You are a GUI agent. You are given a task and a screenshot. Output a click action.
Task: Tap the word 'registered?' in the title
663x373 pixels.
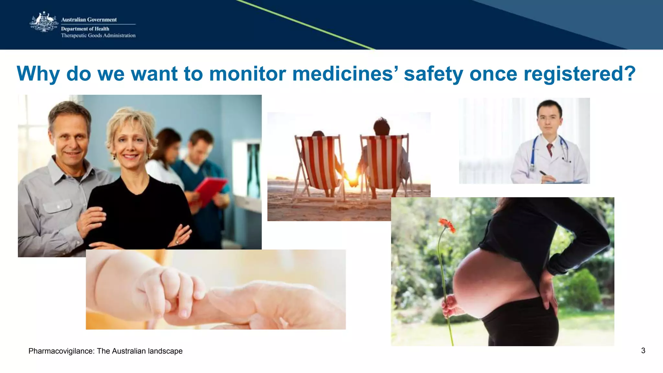579,74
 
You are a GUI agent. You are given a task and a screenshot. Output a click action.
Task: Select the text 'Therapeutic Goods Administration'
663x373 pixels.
98,36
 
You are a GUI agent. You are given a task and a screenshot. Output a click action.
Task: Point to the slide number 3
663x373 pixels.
643,351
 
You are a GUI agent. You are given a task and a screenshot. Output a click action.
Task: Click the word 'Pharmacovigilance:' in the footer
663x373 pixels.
62,351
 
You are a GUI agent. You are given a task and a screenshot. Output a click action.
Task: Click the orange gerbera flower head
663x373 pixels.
447,225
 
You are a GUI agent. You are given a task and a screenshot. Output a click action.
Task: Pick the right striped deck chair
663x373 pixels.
385,162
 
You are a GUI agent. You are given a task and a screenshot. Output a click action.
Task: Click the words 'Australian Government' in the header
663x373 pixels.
89,20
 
